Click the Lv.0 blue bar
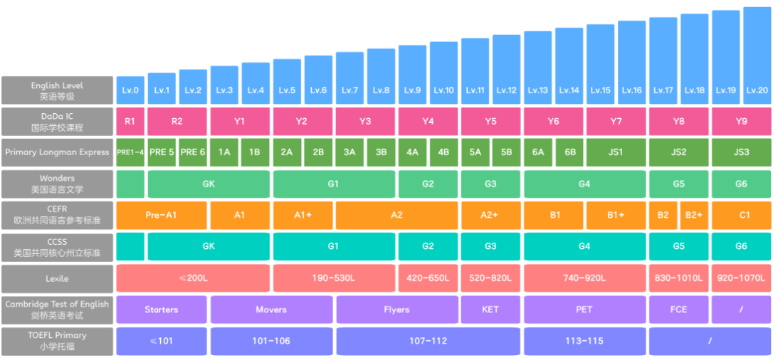click(x=130, y=90)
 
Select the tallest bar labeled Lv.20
click(x=757, y=57)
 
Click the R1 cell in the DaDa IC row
click(x=130, y=122)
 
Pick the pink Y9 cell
click(x=741, y=122)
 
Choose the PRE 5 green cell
click(x=162, y=152)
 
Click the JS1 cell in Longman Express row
click(x=616, y=152)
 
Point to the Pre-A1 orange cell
click(x=162, y=215)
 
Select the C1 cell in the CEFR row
click(x=741, y=215)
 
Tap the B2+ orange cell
click(x=694, y=215)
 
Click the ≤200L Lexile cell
click(x=193, y=278)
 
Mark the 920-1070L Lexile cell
click(x=741, y=278)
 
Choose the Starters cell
click(x=162, y=309)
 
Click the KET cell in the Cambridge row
click(x=490, y=309)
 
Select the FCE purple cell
click(x=678, y=309)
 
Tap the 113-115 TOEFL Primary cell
click(x=584, y=341)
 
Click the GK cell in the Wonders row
click(x=209, y=184)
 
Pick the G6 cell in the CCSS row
click(x=741, y=246)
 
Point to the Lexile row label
click(x=57, y=278)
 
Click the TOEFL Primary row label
click(x=57, y=341)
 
